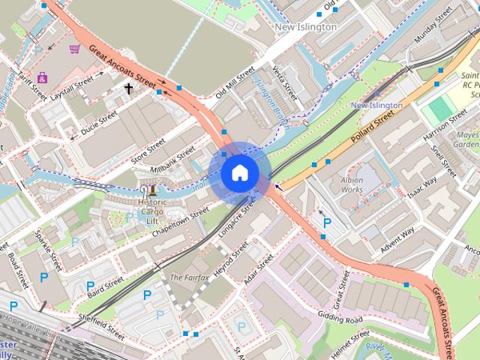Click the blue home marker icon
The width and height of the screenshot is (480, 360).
[239, 172]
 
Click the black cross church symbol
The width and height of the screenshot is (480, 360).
[128, 89]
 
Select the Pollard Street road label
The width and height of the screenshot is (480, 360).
[372, 128]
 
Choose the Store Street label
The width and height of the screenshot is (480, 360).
[148, 146]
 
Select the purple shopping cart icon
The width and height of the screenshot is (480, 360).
[74, 49]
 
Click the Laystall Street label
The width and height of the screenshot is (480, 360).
[72, 88]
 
